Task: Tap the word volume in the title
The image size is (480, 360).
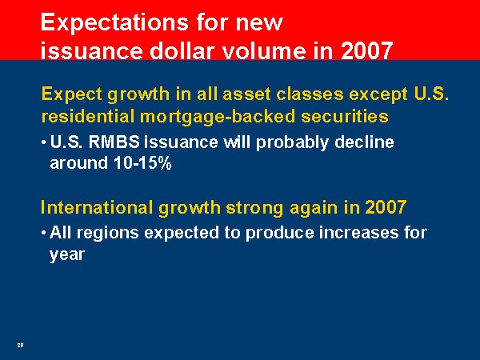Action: tap(264, 50)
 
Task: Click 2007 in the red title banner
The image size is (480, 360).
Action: tap(366, 50)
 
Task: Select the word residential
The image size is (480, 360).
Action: tap(88, 116)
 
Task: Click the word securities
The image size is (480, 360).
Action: tap(344, 116)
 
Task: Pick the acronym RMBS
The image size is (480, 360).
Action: tap(114, 142)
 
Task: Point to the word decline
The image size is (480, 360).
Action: tap(364, 142)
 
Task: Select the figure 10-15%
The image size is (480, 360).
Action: tap(142, 163)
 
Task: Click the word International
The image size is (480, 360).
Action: tap(97, 207)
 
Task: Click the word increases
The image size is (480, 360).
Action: tap(358, 233)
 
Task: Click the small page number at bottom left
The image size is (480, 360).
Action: tap(20, 345)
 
